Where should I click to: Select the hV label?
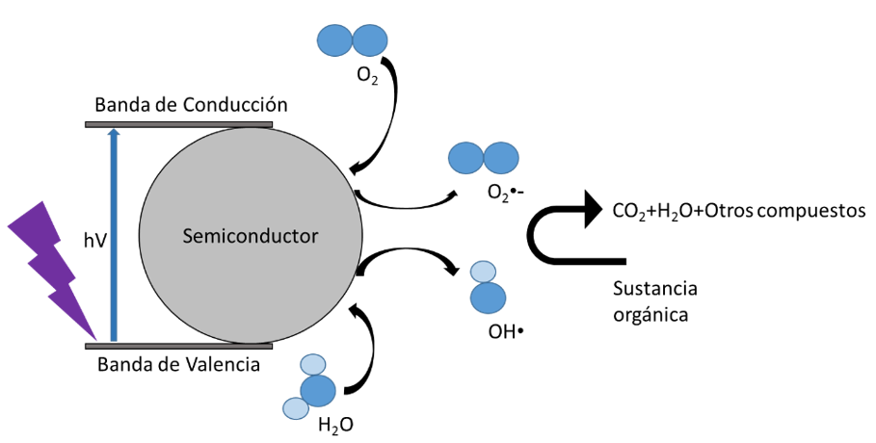pyautogui.click(x=94, y=241)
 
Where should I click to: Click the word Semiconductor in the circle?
pyautogui.click(x=250, y=234)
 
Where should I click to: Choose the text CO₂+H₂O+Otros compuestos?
pyautogui.click(x=738, y=211)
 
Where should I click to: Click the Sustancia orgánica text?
pyautogui.click(x=654, y=300)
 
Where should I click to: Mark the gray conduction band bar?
pyautogui.click(x=179, y=124)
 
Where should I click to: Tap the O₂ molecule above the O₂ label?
pyautogui.click(x=351, y=40)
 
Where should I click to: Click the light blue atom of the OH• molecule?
pyautogui.click(x=483, y=273)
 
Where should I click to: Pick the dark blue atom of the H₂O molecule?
pyautogui.click(x=318, y=390)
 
